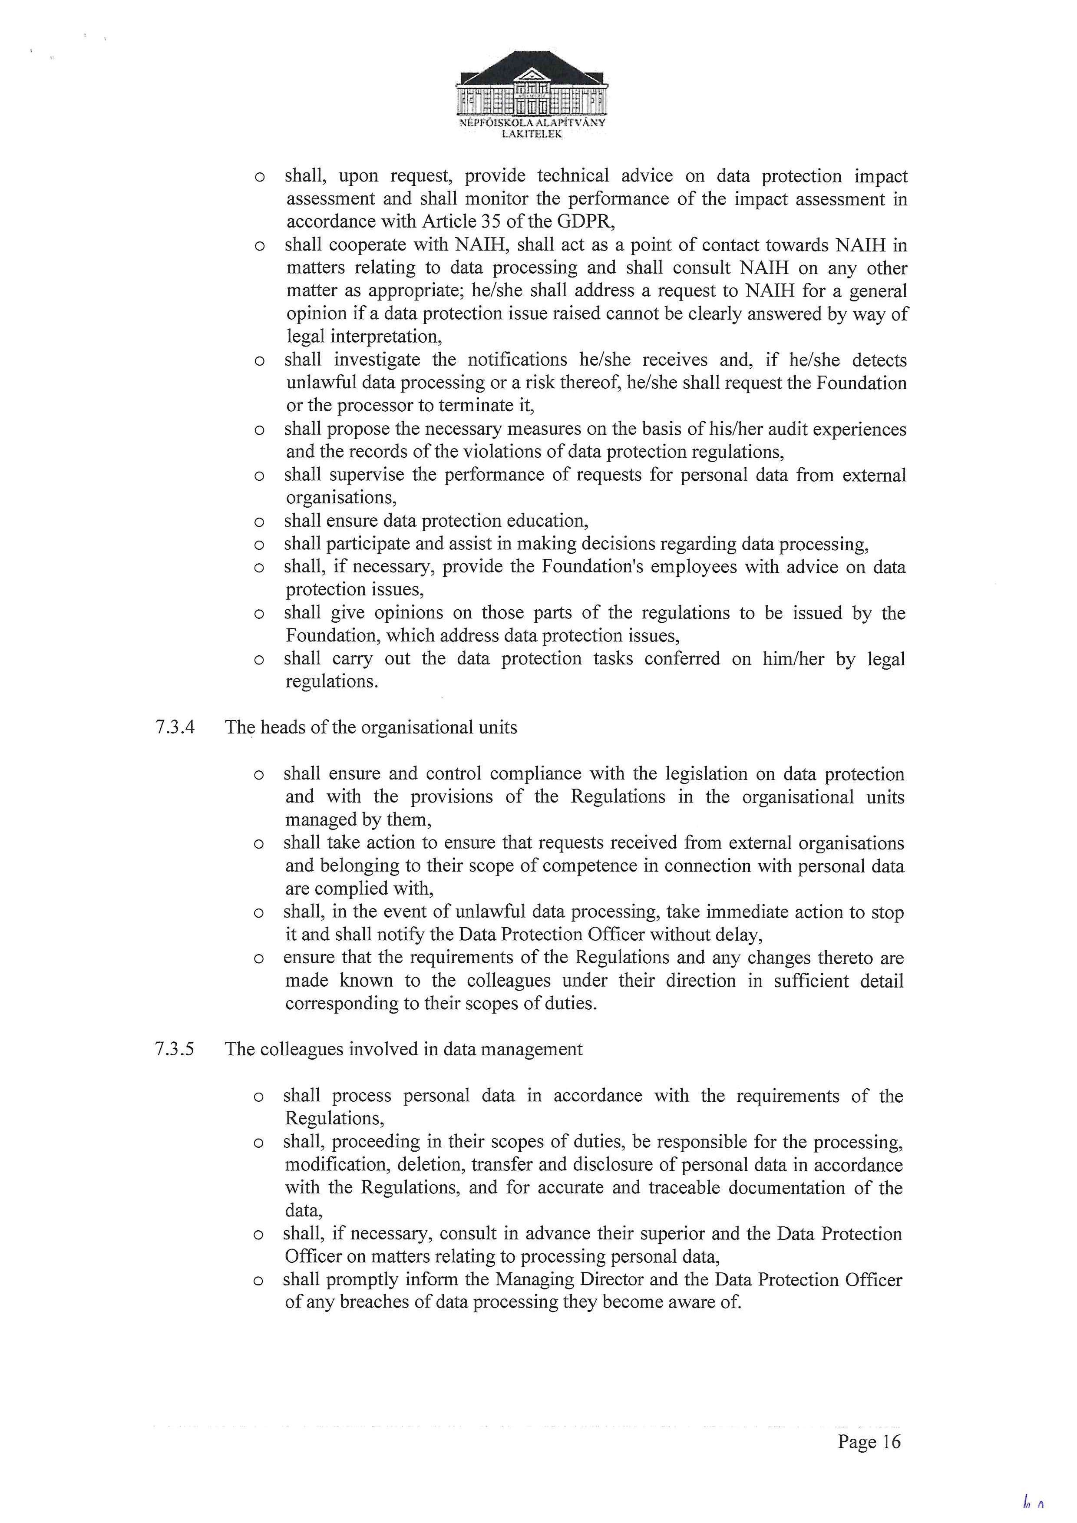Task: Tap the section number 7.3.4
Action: click(175, 728)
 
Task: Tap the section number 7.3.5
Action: click(175, 1049)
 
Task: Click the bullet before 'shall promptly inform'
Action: click(259, 1281)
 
